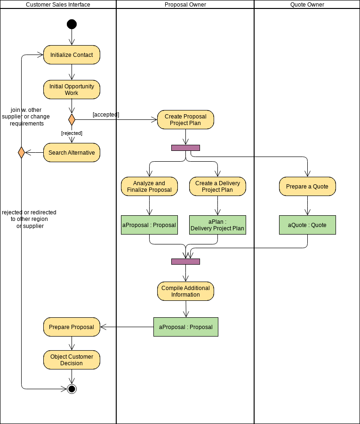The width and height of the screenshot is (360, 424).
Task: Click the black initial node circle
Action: tap(72, 24)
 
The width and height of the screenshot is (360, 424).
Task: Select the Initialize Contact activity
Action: tap(72, 55)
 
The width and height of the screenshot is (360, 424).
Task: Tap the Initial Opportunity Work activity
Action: tap(72, 90)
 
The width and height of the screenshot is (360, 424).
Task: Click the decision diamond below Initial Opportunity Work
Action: tap(72, 119)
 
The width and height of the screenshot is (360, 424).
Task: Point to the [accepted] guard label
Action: tap(106, 115)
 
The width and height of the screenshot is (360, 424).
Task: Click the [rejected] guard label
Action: tap(72, 133)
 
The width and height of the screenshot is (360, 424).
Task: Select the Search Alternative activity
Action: tap(72, 153)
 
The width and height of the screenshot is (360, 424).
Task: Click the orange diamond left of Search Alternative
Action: tap(21, 152)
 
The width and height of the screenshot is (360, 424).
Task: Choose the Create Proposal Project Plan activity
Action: tap(185, 120)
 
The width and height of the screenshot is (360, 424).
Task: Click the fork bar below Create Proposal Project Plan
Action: tap(185, 148)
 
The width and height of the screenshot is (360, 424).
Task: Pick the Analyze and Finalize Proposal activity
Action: tap(149, 187)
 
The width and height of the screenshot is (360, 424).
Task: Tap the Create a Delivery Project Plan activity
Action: tap(217, 187)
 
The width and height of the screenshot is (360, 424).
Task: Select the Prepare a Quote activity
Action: tap(307, 187)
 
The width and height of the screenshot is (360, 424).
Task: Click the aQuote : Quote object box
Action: tap(307, 225)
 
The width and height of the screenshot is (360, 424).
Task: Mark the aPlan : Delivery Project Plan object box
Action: tap(217, 225)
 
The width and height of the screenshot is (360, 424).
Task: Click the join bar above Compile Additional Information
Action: tap(185, 261)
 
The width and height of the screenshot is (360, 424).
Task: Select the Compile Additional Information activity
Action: tap(185, 291)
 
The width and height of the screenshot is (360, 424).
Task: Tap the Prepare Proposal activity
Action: tap(72, 327)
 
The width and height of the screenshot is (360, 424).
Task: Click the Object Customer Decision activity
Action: tap(72, 360)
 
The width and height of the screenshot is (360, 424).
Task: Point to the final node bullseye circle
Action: tap(72, 389)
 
